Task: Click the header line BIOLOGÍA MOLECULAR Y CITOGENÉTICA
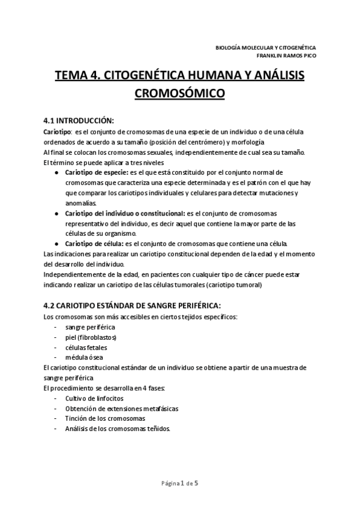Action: point(265,47)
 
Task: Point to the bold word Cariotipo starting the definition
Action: point(57,130)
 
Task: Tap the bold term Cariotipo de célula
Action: point(94,243)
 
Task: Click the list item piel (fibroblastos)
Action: point(91,337)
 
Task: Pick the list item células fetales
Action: point(85,348)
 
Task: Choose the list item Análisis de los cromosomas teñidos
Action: point(117,429)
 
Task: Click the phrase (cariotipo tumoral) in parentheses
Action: point(232,285)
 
